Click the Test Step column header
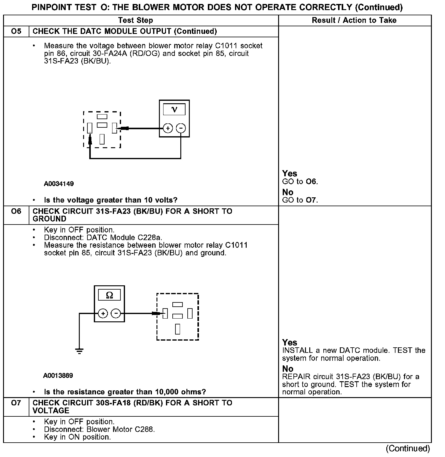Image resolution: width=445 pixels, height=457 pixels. click(135, 20)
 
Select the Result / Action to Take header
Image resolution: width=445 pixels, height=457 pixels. click(354, 20)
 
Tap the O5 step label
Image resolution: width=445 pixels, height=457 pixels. click(16, 31)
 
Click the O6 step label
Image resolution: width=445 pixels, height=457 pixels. click(16, 211)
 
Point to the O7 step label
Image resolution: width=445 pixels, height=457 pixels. click(16, 403)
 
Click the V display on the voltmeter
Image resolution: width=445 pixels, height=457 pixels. click(174, 109)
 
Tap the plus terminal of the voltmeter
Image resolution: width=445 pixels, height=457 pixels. click(168, 128)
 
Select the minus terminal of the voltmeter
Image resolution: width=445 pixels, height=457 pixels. click(181, 128)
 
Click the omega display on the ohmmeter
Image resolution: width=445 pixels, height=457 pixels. click(109, 295)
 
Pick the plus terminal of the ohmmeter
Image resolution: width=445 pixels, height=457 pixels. click(103, 313)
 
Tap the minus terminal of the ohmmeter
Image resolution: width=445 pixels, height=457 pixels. click(116, 313)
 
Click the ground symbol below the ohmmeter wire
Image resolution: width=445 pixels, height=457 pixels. click(79, 351)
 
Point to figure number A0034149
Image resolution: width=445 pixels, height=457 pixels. click(59, 184)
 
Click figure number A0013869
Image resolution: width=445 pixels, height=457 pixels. click(58, 375)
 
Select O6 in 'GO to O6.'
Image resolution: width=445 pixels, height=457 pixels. click(311, 182)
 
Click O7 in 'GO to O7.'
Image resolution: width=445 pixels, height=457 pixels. click(311, 200)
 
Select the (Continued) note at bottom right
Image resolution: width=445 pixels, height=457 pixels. click(408, 448)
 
